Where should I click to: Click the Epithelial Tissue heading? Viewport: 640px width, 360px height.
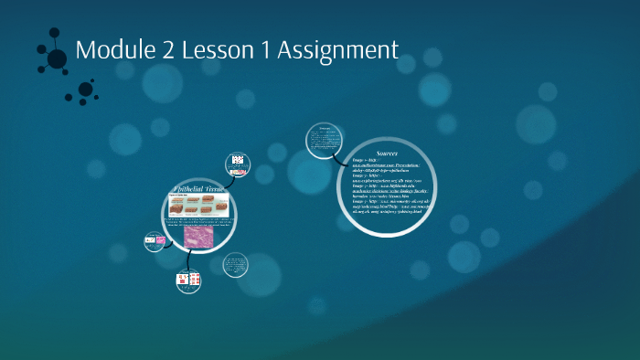pyautogui.click(x=199, y=189)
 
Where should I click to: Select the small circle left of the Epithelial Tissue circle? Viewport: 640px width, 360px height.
pyautogui.click(x=154, y=242)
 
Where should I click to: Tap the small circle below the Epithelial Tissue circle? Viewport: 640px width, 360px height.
pyautogui.click(x=187, y=281)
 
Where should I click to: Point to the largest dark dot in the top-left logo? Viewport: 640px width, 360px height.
pyautogui.click(x=57, y=59)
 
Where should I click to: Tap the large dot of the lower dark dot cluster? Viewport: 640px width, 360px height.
pyautogui.click(x=86, y=89)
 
